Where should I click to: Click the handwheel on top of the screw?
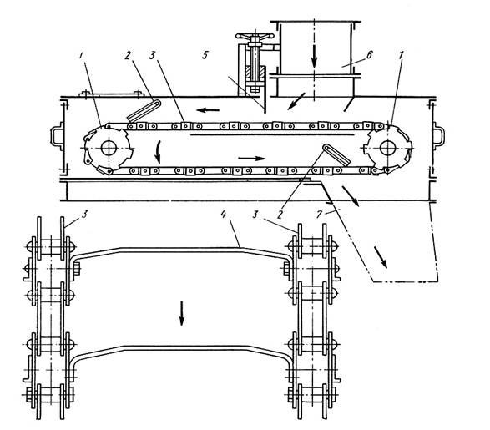pos(255,36)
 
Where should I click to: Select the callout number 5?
pos(205,56)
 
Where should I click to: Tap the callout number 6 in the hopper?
pos(369,55)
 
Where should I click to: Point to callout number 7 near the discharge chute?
pos(319,214)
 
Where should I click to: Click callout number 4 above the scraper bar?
pos(223,215)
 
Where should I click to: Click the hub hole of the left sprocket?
pos(109,148)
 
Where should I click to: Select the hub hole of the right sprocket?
pos(387,148)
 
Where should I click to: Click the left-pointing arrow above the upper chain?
pos(208,110)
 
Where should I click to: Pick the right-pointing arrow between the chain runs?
pos(252,159)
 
